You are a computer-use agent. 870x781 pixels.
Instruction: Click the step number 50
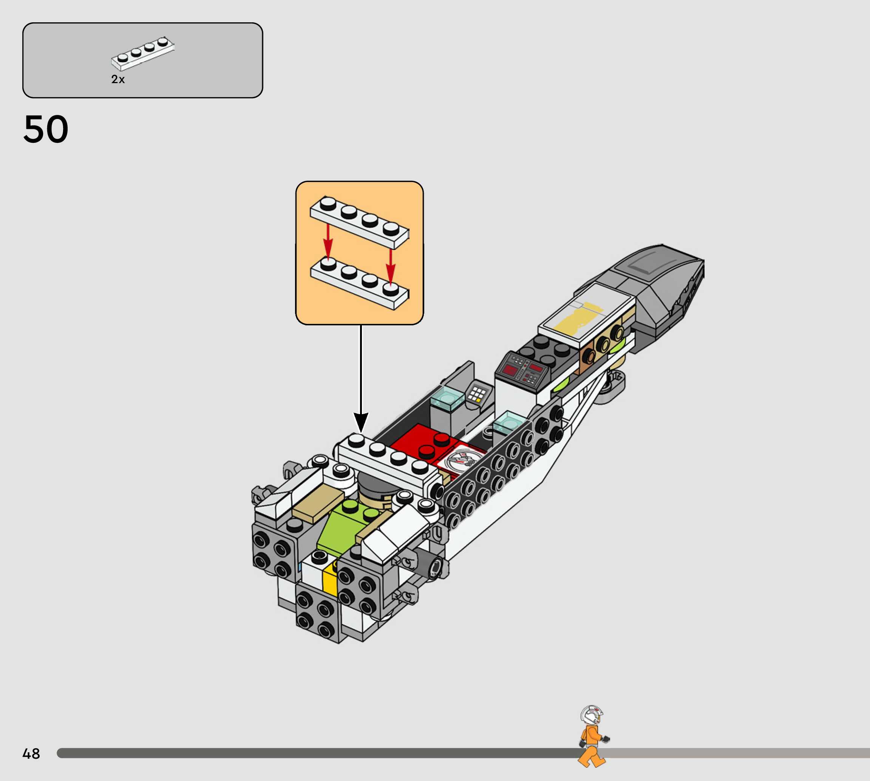click(46, 129)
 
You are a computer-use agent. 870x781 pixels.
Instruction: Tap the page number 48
click(31, 753)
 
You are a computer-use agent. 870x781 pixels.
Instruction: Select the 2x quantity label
click(118, 79)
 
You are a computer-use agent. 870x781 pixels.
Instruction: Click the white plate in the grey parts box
click(142, 54)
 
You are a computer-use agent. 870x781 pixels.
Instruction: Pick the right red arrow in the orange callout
click(390, 266)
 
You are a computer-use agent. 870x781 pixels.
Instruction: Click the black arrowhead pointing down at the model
click(361, 422)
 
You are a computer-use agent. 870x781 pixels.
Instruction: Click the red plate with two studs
click(423, 442)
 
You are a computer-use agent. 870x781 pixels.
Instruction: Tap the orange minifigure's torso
click(592, 736)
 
